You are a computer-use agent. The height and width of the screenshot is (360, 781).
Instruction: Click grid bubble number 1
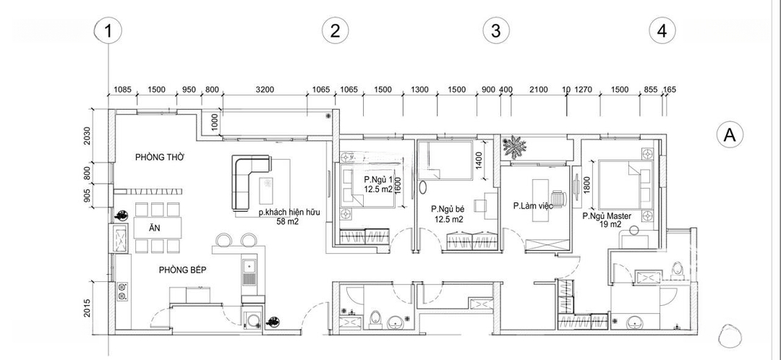[x=108, y=31]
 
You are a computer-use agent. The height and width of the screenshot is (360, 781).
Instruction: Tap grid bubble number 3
[x=496, y=31]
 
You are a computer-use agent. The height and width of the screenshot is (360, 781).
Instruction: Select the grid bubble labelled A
[x=730, y=135]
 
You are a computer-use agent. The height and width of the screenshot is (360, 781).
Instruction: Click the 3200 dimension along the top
[x=265, y=90]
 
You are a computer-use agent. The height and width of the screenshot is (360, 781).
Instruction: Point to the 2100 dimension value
[x=539, y=90]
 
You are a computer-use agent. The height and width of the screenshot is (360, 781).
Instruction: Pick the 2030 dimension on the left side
[x=88, y=136]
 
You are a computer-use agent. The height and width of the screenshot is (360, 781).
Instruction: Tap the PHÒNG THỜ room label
[x=160, y=158]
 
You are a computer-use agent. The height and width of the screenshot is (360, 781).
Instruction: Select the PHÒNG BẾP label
[x=183, y=270]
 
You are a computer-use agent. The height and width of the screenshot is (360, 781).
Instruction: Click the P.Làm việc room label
[x=534, y=205]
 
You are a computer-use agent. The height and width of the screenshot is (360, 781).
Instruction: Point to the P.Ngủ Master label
[x=607, y=216]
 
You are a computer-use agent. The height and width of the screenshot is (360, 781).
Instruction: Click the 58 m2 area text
[x=287, y=222]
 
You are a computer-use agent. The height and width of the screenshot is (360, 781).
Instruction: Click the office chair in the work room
[x=559, y=199]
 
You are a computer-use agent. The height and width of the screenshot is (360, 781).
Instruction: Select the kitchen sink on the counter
[x=249, y=273]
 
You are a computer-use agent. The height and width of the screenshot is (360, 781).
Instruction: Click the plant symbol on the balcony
[x=514, y=147]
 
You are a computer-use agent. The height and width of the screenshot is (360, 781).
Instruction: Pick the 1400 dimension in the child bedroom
[x=479, y=160]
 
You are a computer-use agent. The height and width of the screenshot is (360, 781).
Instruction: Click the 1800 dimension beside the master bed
[x=586, y=186]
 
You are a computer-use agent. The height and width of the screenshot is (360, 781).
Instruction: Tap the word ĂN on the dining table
[x=155, y=228]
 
